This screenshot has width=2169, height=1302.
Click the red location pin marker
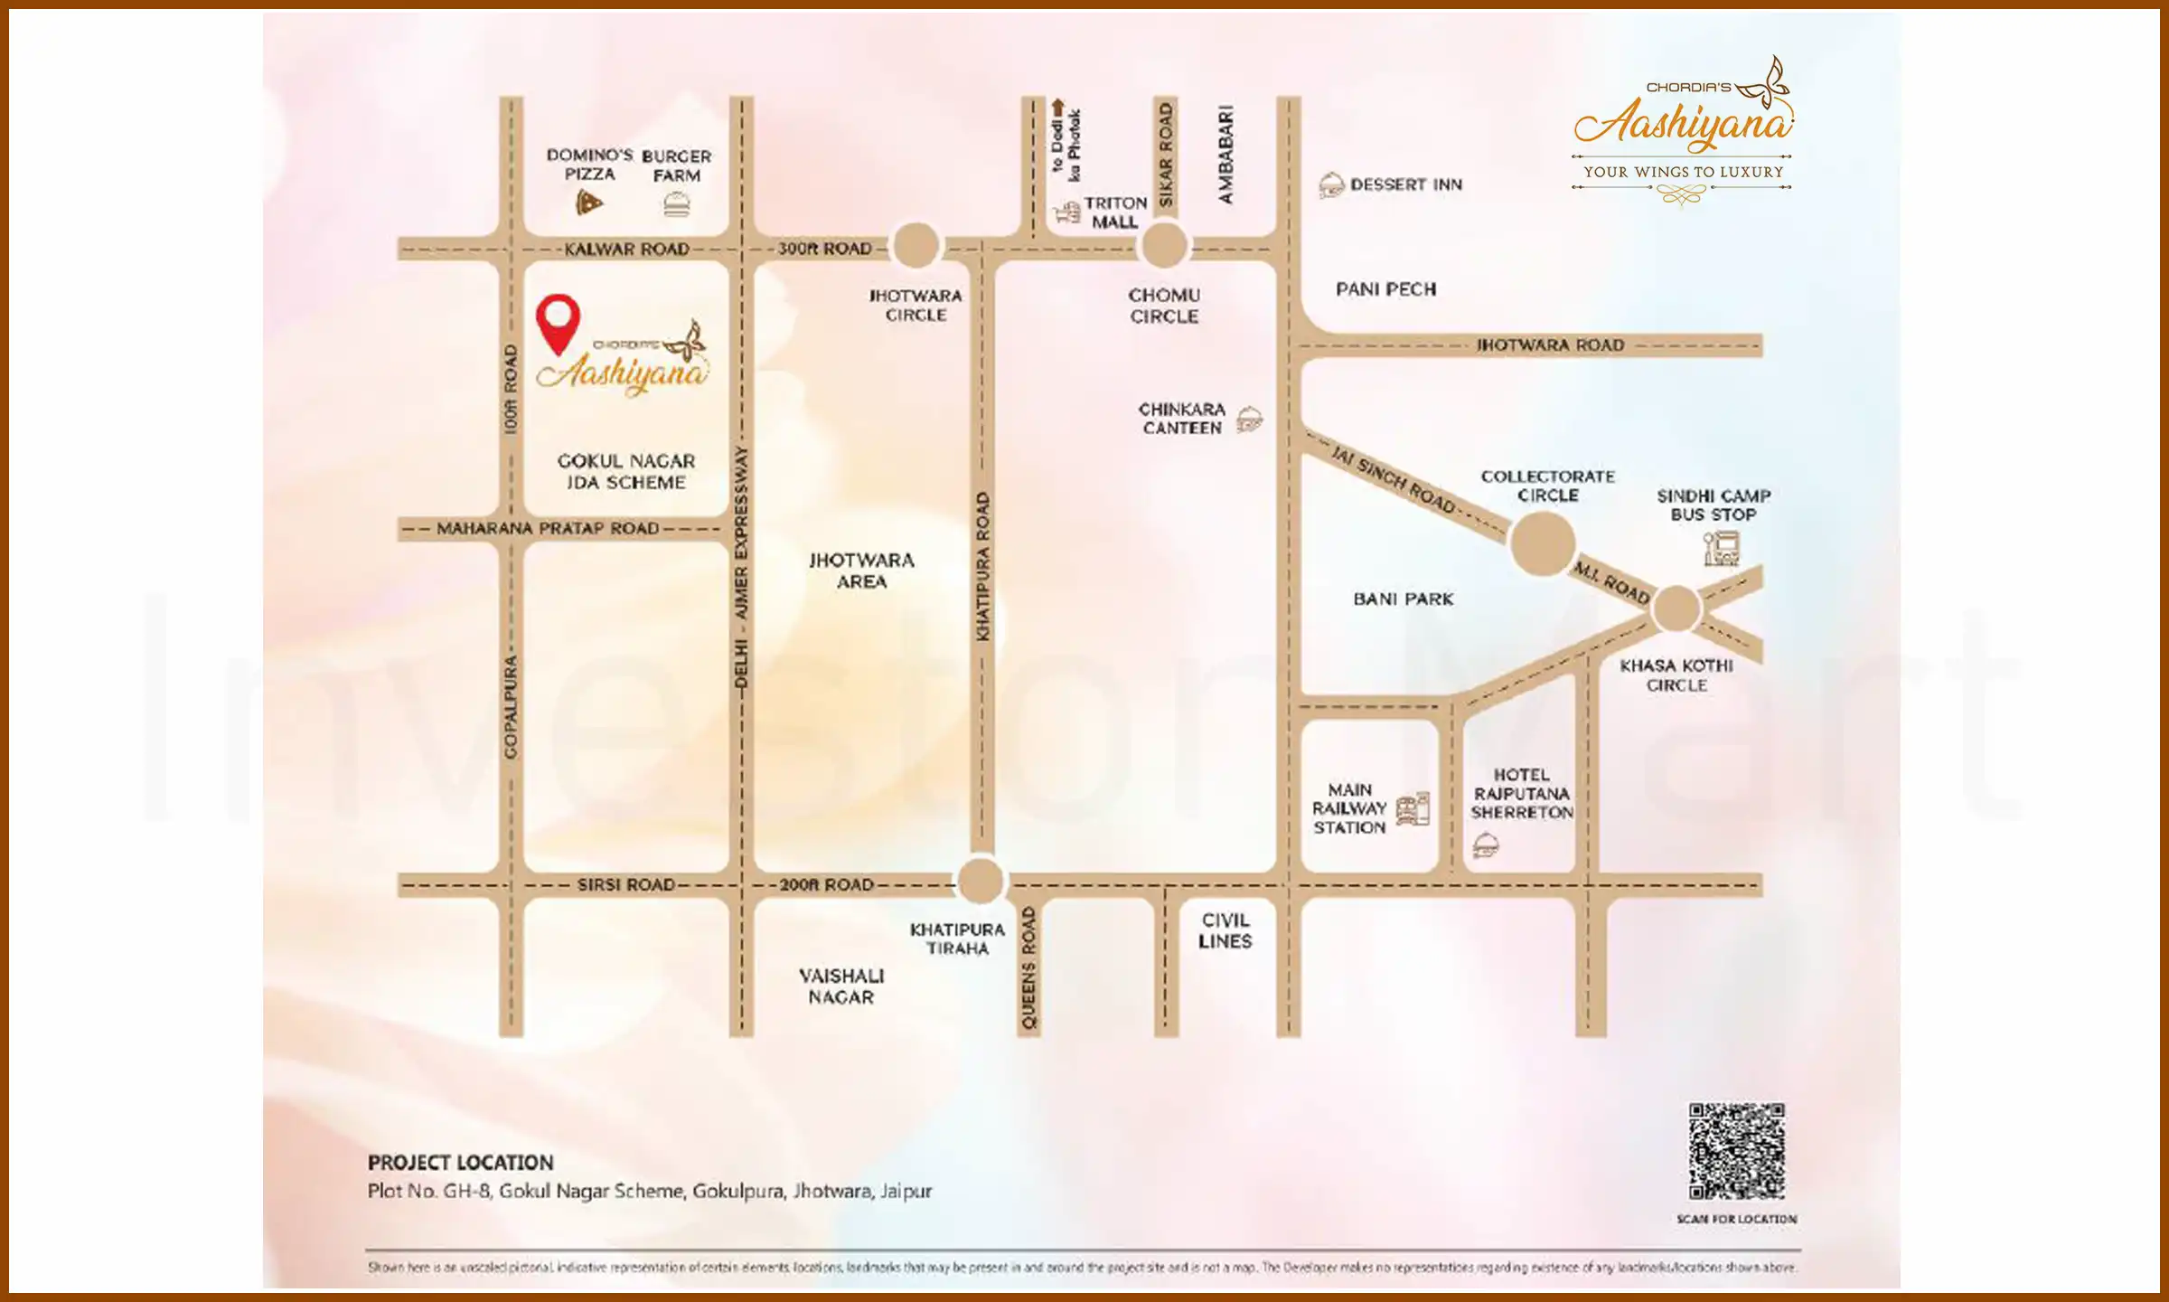coord(558,321)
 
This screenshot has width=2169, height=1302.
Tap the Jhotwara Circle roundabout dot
coord(916,246)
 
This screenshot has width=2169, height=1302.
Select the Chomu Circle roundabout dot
coord(1164,246)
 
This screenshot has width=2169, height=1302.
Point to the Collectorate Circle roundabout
coord(1543,543)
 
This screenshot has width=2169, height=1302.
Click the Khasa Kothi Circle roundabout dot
coord(1676,609)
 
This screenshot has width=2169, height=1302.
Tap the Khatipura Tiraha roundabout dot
coord(981,881)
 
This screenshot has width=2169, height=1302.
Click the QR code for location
coord(1736,1150)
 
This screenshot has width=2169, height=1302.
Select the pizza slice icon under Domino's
coord(588,203)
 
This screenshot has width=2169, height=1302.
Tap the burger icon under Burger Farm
coord(676,205)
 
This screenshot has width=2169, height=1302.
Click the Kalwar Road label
coord(626,249)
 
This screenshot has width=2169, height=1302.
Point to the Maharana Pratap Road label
coord(548,528)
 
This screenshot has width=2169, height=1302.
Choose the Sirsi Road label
coord(626,884)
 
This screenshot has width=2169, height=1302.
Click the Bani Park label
coord(1403,599)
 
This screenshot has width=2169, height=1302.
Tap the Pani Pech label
coord(1385,289)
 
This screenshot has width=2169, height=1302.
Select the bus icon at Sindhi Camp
coord(1721,548)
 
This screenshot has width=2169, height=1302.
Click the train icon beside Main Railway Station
coord(1413,808)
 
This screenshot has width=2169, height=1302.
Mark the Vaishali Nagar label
coord(841,986)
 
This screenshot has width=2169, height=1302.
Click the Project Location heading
coord(460,1163)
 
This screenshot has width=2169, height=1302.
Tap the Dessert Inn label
coord(1405,184)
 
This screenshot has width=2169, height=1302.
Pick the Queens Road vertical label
coord(1028,968)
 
